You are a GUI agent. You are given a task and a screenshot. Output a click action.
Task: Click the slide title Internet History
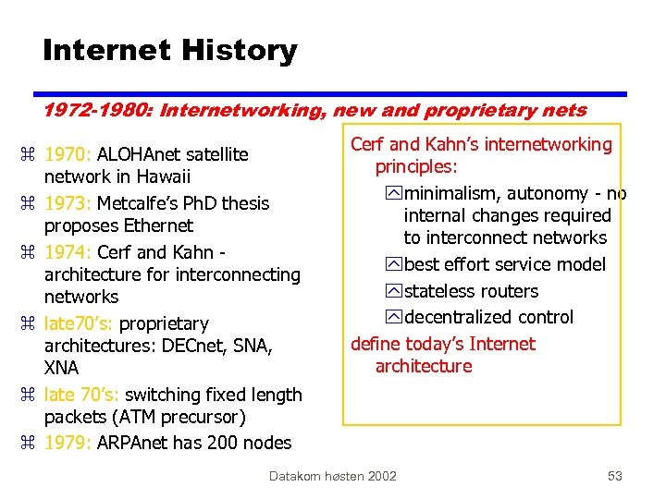pyautogui.click(x=169, y=50)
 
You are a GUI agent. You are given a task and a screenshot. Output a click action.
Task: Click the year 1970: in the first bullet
pyautogui.click(x=68, y=154)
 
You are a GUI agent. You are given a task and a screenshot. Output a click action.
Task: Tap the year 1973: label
pyautogui.click(x=68, y=203)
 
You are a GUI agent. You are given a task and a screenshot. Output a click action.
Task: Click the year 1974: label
pyautogui.click(x=68, y=252)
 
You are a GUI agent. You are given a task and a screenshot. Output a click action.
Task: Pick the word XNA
pyautogui.click(x=61, y=368)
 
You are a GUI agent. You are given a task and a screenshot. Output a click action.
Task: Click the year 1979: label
pyautogui.click(x=68, y=443)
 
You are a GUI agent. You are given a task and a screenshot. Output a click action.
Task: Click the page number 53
pyautogui.click(x=614, y=476)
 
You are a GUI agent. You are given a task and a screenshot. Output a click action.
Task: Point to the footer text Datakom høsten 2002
pyautogui.click(x=332, y=476)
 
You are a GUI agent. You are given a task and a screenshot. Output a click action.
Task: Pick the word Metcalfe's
pyautogui.click(x=142, y=203)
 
